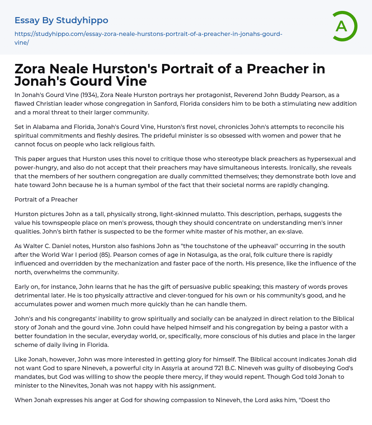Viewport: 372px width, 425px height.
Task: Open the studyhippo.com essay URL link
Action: click(148, 38)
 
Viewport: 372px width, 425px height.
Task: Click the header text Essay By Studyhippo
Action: click(61, 20)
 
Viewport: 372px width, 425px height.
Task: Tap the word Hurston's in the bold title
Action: click(112, 69)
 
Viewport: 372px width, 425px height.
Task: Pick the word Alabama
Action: click(40, 127)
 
